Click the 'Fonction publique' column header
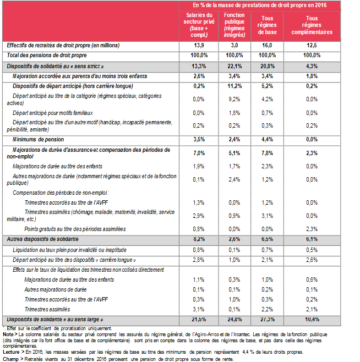pos(234,25)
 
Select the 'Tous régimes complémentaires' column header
pos(319,25)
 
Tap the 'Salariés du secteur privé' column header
pos(199,25)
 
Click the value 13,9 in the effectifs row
pos(199,45)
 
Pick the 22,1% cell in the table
pos(234,65)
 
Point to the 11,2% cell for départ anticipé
pos(234,86)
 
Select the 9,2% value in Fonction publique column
pos(234,99)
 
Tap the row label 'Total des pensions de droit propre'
pos(47,55)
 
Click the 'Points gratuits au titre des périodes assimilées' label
pos(83,228)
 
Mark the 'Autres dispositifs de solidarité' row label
pos(42,239)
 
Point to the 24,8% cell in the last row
pos(234,319)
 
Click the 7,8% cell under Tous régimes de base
pos(266,152)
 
